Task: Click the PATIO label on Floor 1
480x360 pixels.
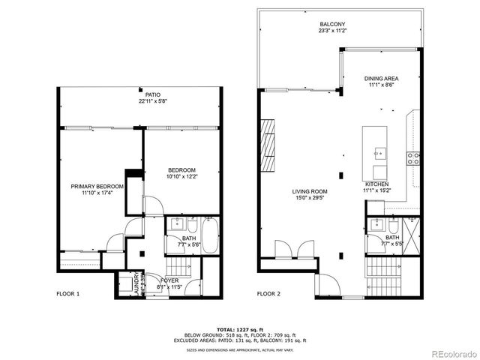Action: coord(153,94)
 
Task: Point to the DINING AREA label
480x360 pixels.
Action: coord(381,78)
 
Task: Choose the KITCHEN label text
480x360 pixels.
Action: coord(376,184)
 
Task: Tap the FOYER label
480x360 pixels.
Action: coord(152,280)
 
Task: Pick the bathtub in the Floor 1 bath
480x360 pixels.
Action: coord(209,235)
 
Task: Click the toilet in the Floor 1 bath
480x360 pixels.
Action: coord(192,226)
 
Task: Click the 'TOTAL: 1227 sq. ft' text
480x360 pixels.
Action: coord(239,329)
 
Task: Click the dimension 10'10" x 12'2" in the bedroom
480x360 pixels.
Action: coord(181,178)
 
